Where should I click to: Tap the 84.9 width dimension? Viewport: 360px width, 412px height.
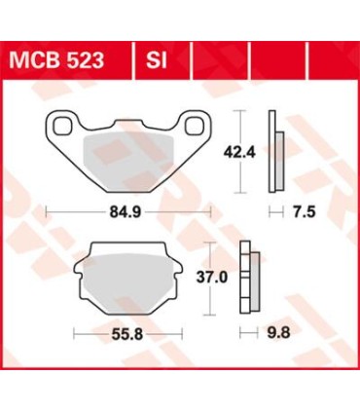128,209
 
